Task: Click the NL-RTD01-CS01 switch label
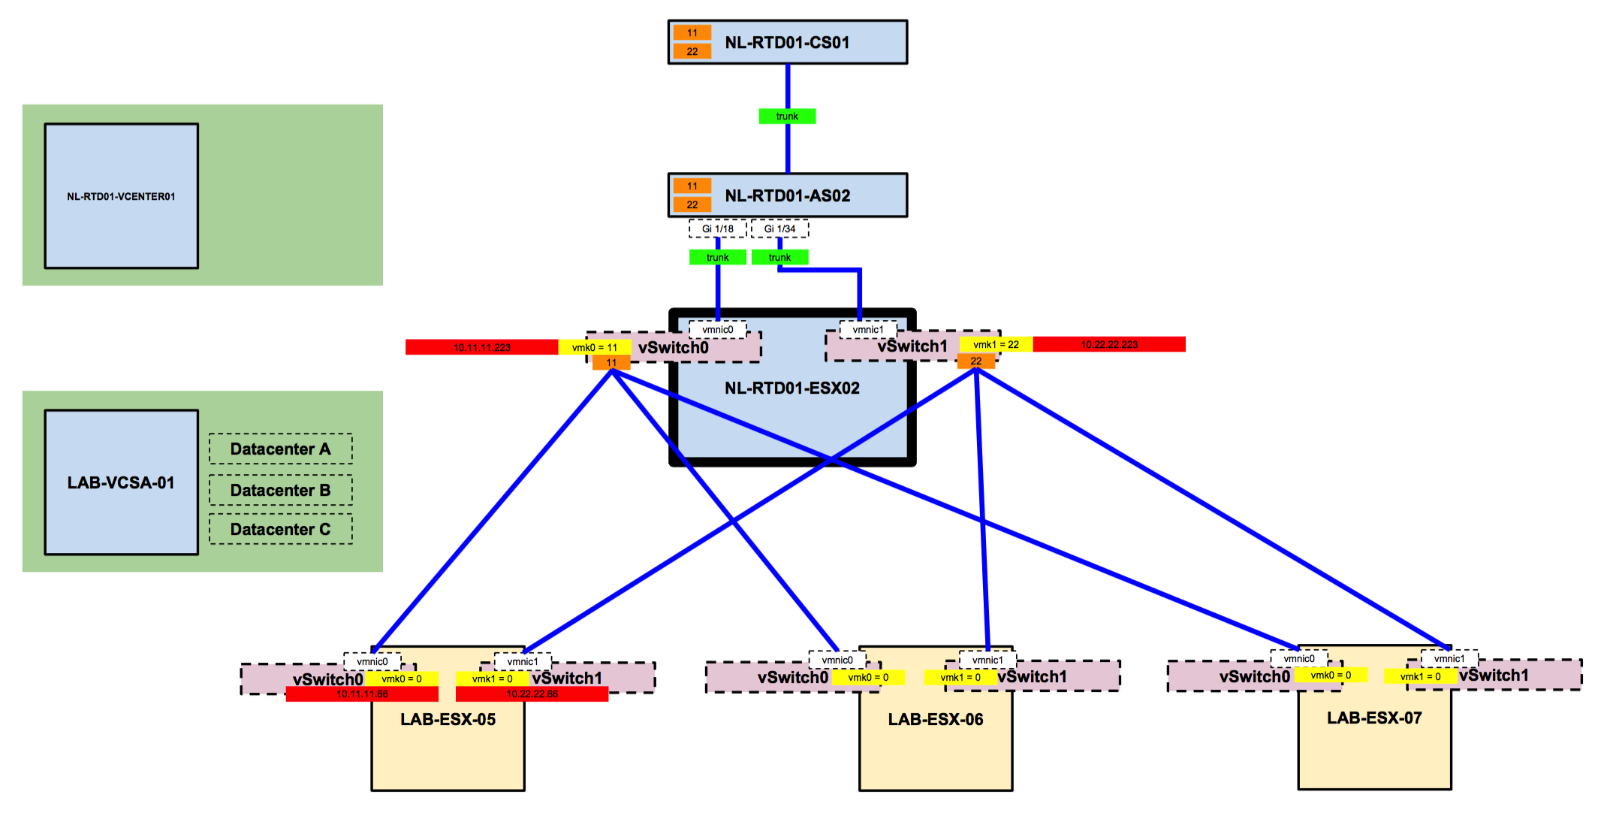tap(787, 43)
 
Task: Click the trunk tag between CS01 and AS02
tap(787, 116)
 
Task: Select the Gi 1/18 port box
tap(718, 228)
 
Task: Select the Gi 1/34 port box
tap(779, 228)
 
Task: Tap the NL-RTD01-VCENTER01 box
tap(122, 196)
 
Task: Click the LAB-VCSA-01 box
tap(122, 482)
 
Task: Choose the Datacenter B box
tap(280, 490)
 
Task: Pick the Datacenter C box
tap(280, 529)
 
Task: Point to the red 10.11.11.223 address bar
tap(481, 347)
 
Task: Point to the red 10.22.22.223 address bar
tap(1109, 344)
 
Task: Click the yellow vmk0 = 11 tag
tap(594, 347)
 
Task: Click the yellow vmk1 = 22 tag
tap(996, 344)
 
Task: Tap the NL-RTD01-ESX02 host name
tap(792, 388)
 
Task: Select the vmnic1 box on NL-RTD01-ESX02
tap(868, 330)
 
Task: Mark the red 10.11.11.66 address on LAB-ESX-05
tap(362, 694)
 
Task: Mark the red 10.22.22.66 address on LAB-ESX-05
tap(532, 694)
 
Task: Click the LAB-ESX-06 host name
tap(936, 720)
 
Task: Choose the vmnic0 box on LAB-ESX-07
tap(1299, 659)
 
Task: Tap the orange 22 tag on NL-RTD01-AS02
tap(692, 204)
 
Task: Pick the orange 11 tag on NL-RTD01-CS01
tap(692, 32)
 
